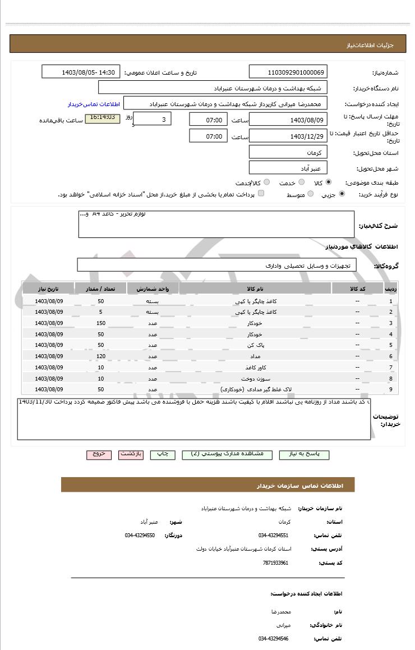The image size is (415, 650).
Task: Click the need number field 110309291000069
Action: coord(288,72)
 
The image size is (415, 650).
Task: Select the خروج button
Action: coord(99,454)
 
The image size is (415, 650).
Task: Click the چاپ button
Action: coord(162,454)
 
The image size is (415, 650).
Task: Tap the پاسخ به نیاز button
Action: coord(304,454)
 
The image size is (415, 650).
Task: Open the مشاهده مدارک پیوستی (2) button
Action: coord(231,454)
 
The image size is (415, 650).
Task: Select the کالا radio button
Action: coord(329,182)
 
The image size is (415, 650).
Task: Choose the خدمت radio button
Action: coord(301,182)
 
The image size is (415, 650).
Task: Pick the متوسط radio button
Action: coord(310,195)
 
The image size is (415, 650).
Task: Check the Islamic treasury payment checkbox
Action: coord(261,194)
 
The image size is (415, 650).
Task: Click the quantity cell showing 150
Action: coord(101,323)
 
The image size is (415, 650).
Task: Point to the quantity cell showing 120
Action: coord(101,356)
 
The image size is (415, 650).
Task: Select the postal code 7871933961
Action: coord(275,562)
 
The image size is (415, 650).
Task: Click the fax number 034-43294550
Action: coord(140,535)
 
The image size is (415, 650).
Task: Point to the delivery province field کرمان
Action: coord(288,153)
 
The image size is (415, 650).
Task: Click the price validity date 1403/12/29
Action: coord(288,136)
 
